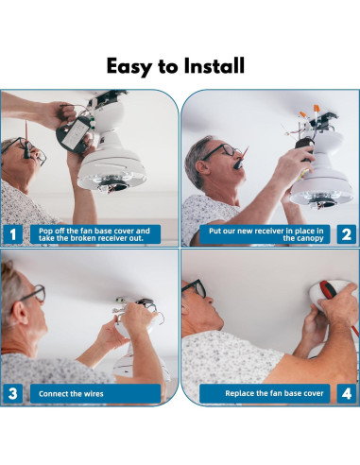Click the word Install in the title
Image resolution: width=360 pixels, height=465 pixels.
[214, 65]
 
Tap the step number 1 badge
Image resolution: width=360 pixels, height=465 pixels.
[12, 234]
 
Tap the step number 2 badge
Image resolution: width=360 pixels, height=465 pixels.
[347, 234]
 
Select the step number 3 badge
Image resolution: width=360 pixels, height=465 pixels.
[12, 394]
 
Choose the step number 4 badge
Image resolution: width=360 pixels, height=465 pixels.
[347, 394]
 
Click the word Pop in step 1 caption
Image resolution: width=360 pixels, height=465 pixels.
[45, 232]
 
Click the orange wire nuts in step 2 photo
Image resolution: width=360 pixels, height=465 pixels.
[310, 112]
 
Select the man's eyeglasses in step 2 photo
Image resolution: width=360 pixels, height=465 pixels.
[220, 151]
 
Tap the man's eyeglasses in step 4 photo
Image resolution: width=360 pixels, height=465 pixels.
[196, 287]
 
